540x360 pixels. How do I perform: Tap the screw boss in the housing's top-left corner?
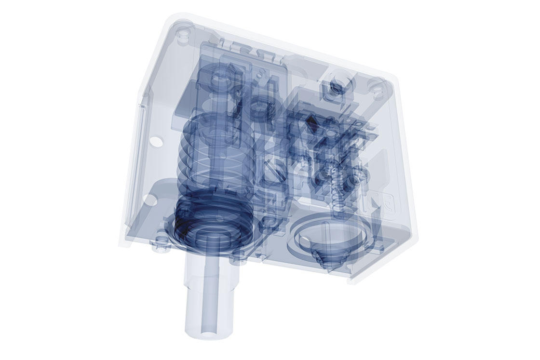tap(181, 35)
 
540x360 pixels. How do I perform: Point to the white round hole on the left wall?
tap(155, 142)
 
